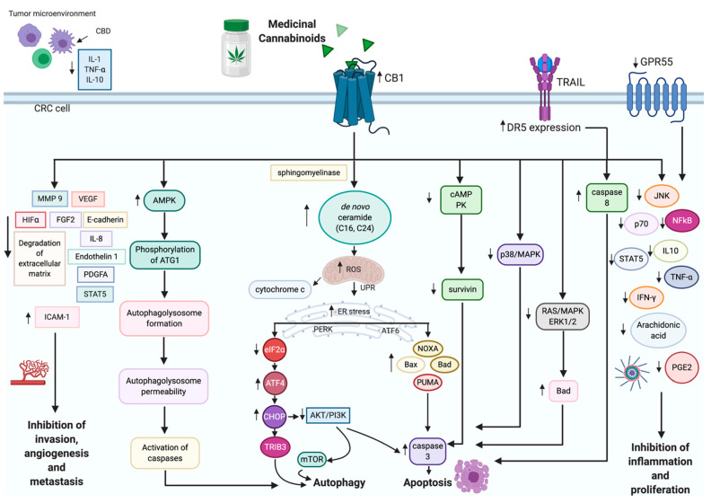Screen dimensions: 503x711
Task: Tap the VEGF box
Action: pyautogui.click(x=92, y=198)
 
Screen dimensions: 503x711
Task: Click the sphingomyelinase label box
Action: pyautogui.click(x=307, y=170)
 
